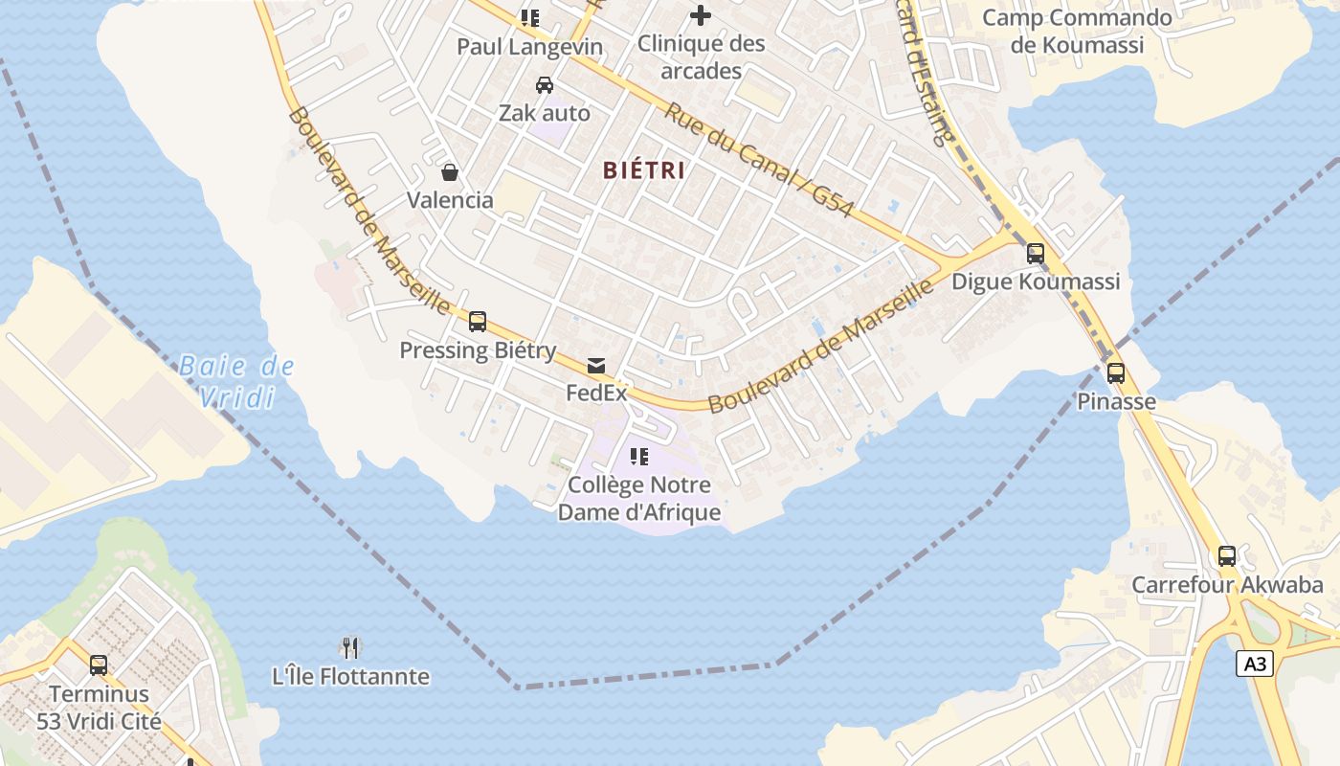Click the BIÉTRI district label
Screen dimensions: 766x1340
tap(643, 170)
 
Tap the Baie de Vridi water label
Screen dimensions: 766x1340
tap(236, 381)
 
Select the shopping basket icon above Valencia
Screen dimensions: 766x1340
tap(449, 172)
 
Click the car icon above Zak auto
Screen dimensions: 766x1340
tap(544, 85)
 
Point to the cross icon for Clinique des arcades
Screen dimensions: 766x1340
tap(701, 15)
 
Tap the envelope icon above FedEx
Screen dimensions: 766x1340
tap(596, 365)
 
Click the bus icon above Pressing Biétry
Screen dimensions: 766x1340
tap(477, 322)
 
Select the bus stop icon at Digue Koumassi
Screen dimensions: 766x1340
tap(1035, 254)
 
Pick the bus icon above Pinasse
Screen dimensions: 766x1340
tap(1116, 373)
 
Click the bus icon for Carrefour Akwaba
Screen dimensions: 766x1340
tap(1226, 556)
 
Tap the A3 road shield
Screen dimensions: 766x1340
tap(1255, 664)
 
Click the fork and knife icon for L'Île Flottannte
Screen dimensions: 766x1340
tap(350, 648)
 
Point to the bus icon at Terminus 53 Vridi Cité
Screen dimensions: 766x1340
tap(98, 665)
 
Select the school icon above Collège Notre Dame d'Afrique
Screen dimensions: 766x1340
tap(638, 457)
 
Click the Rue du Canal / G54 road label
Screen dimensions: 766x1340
tap(758, 159)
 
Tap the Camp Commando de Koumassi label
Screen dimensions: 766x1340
tap(1077, 31)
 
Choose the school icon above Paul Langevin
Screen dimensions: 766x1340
tap(529, 18)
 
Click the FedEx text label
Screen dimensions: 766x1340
tap(596, 393)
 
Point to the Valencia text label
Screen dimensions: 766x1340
tap(450, 200)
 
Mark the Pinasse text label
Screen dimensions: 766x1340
tap(1116, 401)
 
